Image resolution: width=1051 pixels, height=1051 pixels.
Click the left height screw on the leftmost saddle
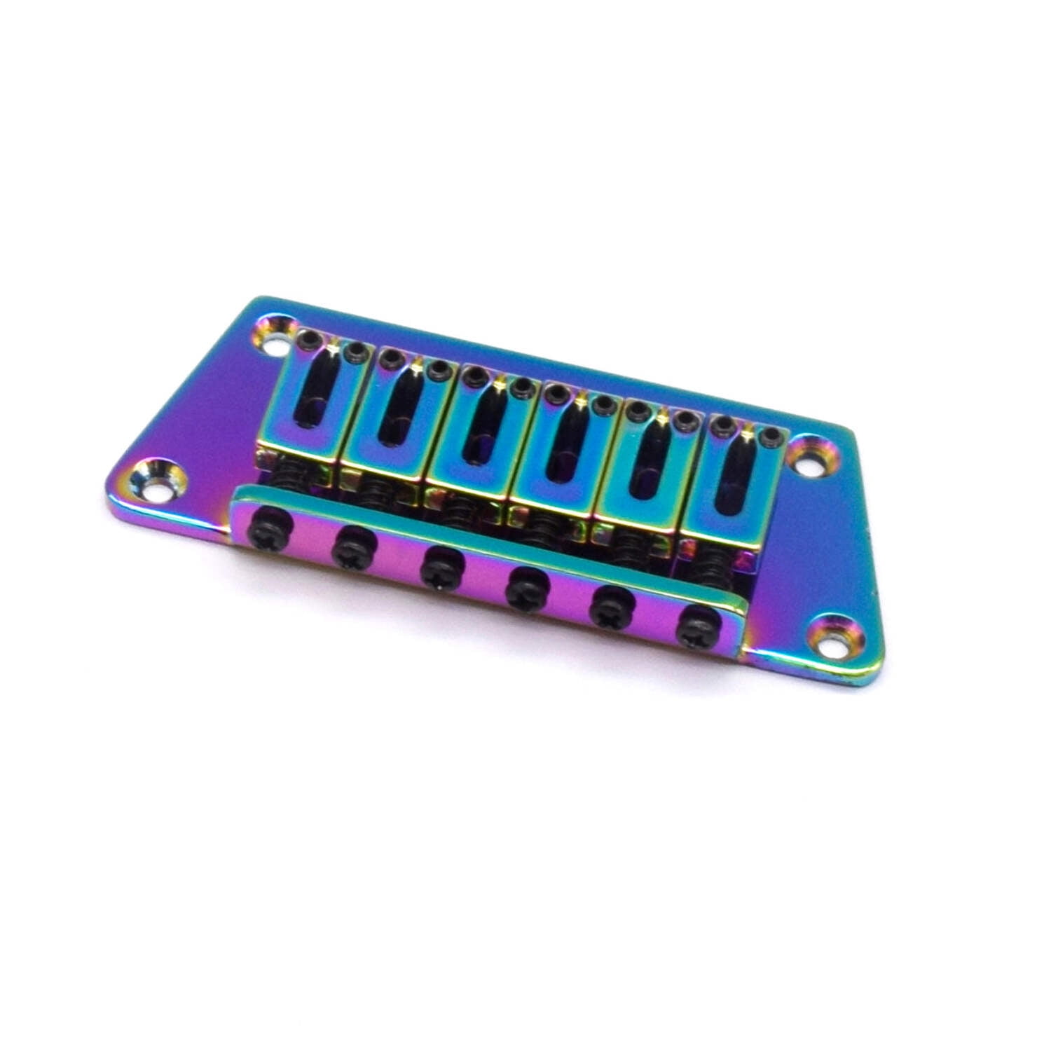click(306, 341)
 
